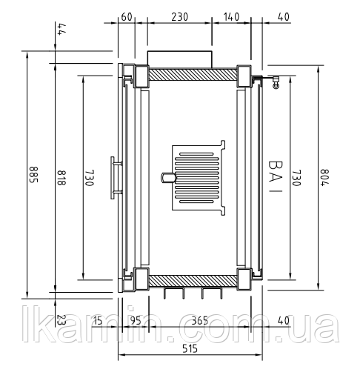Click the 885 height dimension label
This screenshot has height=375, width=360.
pos(33,174)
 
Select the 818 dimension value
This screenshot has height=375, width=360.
pos(61,177)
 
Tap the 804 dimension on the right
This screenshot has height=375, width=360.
pos(324,177)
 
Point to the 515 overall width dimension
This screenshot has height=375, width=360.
pos(190,348)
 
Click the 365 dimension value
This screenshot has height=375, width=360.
pos(200,320)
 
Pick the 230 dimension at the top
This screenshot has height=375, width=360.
pos(180,17)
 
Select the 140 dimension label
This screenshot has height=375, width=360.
pos(231,17)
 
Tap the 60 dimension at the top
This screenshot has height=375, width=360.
pos(127,17)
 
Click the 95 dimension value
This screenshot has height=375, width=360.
pos(136,320)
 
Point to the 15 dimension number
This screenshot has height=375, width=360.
pos(98,320)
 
